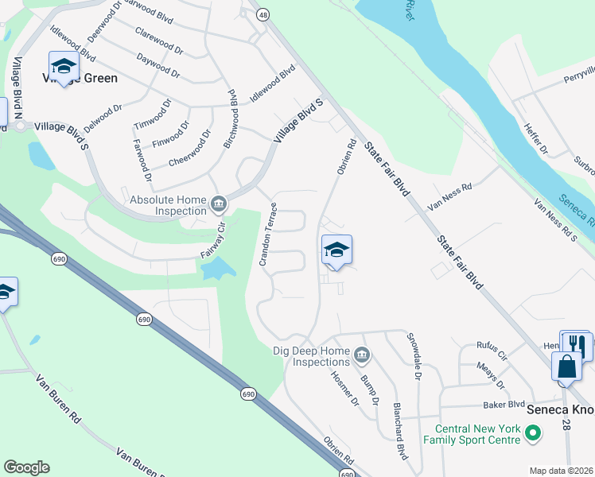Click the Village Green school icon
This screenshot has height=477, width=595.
(63, 65)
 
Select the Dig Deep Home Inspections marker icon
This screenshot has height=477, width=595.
(360, 354)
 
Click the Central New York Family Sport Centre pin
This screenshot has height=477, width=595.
(534, 433)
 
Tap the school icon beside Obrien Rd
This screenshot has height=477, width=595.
(336, 250)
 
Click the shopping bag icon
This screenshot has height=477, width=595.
(566, 367)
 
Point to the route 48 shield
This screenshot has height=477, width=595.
(262, 14)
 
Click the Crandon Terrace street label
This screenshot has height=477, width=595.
(268, 235)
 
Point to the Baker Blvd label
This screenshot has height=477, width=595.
(505, 404)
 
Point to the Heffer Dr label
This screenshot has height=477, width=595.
(537, 138)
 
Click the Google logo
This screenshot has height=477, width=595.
(26, 467)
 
